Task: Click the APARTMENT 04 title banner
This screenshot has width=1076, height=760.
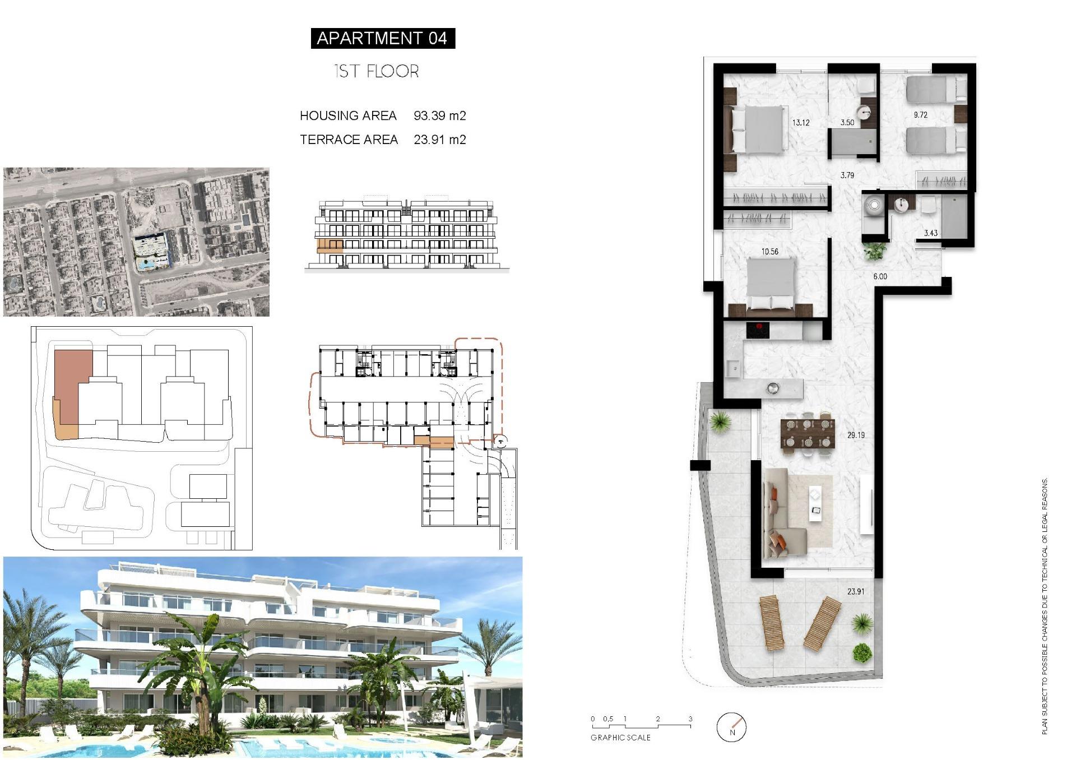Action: tap(382, 38)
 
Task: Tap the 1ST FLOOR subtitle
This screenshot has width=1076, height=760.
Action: tap(376, 71)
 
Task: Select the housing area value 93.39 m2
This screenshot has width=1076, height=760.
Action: tap(439, 115)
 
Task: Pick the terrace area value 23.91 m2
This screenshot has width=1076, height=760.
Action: tap(439, 140)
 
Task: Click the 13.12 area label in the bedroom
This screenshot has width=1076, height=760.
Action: tap(800, 123)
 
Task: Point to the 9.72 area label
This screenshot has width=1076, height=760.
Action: tap(920, 115)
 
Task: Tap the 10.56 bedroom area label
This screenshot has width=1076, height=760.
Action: tap(769, 252)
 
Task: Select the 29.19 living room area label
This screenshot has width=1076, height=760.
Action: tap(856, 435)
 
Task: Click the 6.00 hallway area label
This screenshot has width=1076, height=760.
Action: tap(880, 276)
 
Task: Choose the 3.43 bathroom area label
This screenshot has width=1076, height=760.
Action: tap(930, 233)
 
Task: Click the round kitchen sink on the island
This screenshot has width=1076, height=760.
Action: tap(773, 387)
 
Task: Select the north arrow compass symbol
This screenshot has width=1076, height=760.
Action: tap(731, 727)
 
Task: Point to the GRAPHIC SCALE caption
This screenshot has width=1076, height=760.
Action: tap(620, 738)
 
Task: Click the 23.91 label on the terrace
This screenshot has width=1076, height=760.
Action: tap(855, 591)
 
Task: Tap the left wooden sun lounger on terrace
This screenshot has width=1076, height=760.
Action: tap(771, 623)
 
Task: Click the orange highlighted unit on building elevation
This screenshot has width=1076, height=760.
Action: tap(330, 245)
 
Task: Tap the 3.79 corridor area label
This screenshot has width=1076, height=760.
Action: tap(847, 175)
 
